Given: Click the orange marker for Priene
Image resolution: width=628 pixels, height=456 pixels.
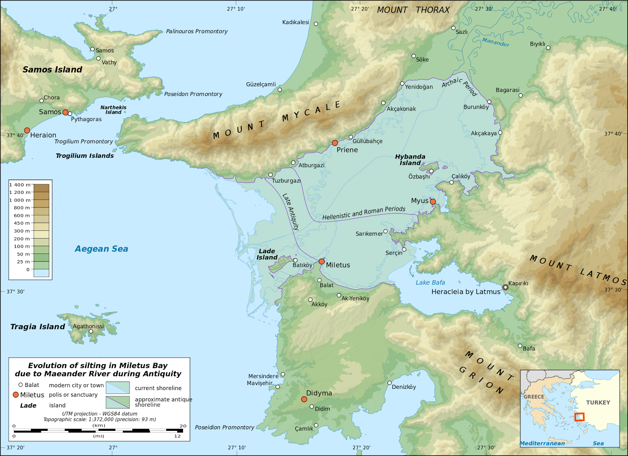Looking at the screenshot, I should [x=335, y=143].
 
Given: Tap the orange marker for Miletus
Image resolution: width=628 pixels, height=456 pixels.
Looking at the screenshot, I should [x=321, y=261].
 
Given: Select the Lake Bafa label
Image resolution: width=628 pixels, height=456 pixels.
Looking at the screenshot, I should [x=430, y=283].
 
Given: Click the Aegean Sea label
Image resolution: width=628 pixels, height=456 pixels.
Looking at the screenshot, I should [x=101, y=249].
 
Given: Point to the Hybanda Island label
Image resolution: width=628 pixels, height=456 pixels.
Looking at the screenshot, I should [x=410, y=160].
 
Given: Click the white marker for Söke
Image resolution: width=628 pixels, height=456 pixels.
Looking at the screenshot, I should [x=413, y=56].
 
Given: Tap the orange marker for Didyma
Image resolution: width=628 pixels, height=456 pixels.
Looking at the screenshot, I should [x=304, y=399].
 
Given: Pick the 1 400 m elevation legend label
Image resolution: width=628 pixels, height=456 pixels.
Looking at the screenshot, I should [x=20, y=185].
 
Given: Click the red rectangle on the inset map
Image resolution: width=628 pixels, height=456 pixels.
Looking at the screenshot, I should [x=579, y=417].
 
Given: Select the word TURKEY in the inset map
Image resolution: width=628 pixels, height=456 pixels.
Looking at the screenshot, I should [x=598, y=403].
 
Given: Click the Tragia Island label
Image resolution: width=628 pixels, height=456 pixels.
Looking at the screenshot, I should [x=38, y=327].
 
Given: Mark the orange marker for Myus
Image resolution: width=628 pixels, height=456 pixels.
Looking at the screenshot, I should [x=433, y=202].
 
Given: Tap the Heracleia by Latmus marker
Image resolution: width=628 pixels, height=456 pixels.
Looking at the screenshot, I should [x=505, y=287].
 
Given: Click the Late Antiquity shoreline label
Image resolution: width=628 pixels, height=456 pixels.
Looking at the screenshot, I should [x=291, y=212].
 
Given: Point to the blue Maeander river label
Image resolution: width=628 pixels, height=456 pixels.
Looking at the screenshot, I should [x=495, y=42].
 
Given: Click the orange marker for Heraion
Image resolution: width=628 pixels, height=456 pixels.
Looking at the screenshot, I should [x=27, y=130].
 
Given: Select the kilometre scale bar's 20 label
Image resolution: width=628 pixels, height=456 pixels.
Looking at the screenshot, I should [x=183, y=426].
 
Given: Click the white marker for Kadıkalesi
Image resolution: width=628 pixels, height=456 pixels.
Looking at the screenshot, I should [x=316, y=24].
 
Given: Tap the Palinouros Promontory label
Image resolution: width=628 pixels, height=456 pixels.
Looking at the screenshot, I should [x=197, y=31].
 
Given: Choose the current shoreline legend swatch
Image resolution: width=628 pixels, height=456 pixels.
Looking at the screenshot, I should [x=117, y=388].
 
